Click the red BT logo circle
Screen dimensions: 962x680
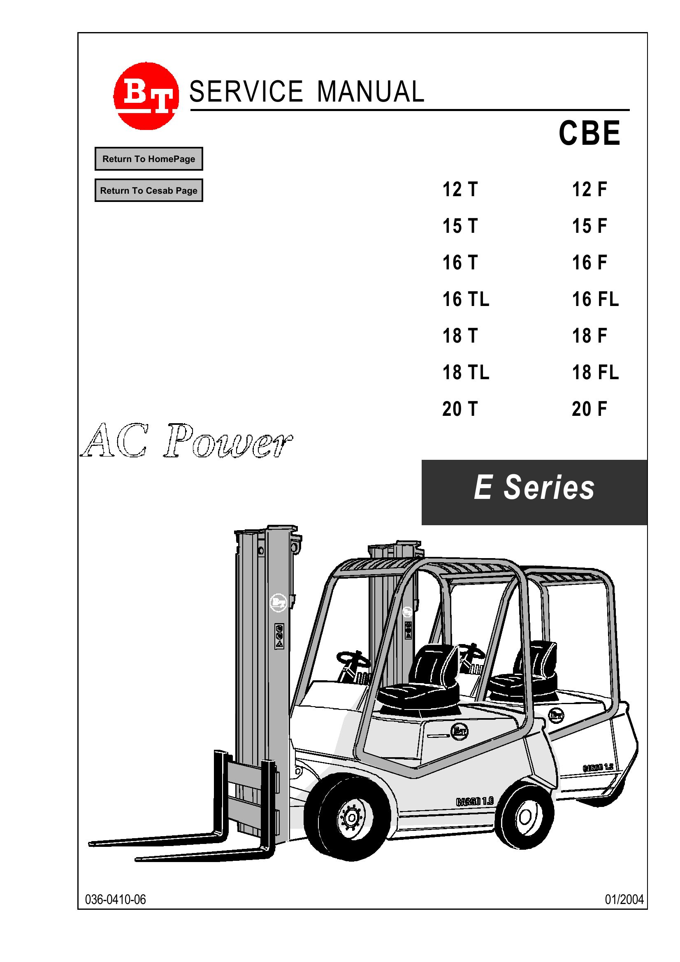point(146,95)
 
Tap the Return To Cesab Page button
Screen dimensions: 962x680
point(149,190)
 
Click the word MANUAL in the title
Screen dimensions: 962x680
point(370,92)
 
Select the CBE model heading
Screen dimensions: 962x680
point(589,133)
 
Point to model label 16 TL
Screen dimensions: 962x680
point(466,299)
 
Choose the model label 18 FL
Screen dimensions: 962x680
point(595,373)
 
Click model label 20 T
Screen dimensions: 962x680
point(460,409)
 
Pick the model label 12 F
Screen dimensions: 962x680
point(589,189)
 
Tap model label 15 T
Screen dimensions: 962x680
point(460,226)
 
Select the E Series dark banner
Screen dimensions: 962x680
point(534,492)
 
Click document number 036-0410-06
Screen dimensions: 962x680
point(115,899)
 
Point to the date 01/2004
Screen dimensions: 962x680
point(624,899)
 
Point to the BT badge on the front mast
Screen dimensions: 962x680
point(278,603)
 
